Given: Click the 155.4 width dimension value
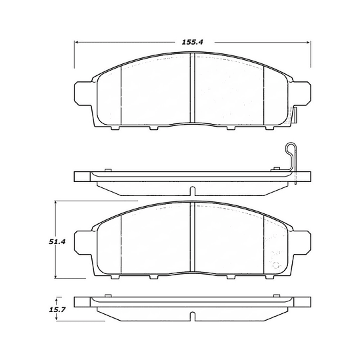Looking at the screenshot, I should (x=192, y=42).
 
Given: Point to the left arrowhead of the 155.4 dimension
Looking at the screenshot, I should (x=76, y=42).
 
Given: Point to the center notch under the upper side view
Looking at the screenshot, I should (x=192, y=191).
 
